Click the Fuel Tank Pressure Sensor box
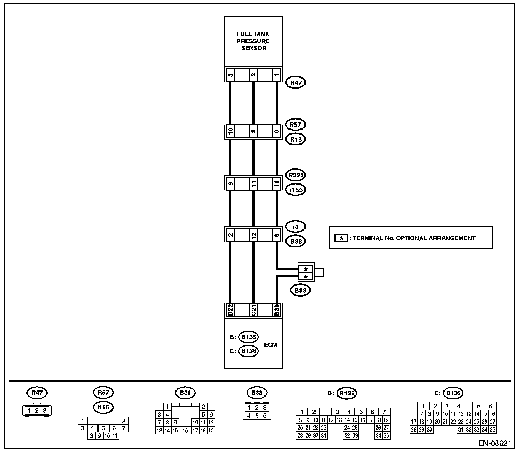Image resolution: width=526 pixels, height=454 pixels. [x=253, y=41]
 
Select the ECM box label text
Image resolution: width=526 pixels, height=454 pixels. [x=271, y=345]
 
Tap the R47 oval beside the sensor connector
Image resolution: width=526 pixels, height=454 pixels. [x=296, y=83]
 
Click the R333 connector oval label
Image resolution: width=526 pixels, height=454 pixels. [x=296, y=175]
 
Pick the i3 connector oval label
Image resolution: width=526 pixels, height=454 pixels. [x=296, y=226]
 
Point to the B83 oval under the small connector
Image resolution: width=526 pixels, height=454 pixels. [x=301, y=290]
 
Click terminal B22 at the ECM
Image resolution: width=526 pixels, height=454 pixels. [x=230, y=310]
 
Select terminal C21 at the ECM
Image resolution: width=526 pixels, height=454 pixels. [x=253, y=310]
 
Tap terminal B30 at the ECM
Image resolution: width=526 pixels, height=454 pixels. [x=277, y=310]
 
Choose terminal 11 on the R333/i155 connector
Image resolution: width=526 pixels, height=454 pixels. [x=253, y=184]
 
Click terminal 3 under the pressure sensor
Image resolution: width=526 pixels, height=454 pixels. [x=230, y=75]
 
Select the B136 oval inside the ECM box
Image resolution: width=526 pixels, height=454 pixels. [x=248, y=351]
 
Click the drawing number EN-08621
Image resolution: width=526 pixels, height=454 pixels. [x=495, y=444]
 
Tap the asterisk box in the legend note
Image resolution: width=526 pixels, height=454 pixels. [x=341, y=238]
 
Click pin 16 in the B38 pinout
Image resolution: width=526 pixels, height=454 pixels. [x=185, y=430]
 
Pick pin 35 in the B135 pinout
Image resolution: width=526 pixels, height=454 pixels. [x=386, y=435]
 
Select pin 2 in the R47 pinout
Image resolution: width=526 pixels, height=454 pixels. [x=36, y=410]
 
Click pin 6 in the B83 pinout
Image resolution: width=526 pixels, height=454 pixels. [x=264, y=415]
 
